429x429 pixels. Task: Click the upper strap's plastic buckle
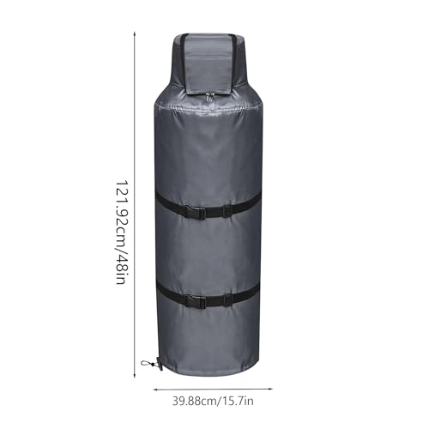point(196,212)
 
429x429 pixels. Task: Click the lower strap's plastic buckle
point(196,301)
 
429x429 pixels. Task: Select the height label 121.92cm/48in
point(121,233)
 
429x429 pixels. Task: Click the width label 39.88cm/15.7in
point(213,402)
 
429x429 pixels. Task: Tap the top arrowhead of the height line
point(135,34)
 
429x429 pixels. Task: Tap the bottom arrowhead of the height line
point(135,375)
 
